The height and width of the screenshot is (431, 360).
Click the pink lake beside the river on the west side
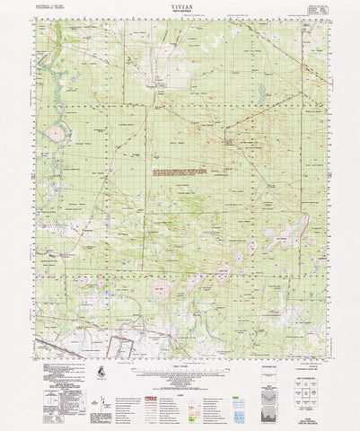[x=57, y=134]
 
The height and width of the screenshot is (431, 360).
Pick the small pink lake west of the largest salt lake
[x=110, y=287]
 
